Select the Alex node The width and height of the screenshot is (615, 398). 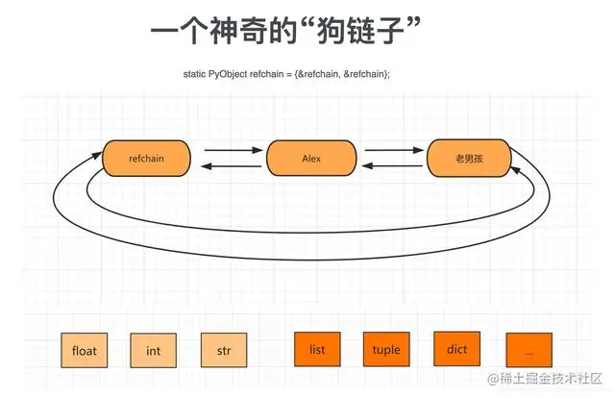click(310, 159)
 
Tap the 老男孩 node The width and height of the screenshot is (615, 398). click(468, 159)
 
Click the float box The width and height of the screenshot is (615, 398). click(85, 351)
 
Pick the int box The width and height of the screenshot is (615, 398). click(154, 351)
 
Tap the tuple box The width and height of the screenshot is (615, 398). click(386, 350)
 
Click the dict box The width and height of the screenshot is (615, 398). click(457, 349)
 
